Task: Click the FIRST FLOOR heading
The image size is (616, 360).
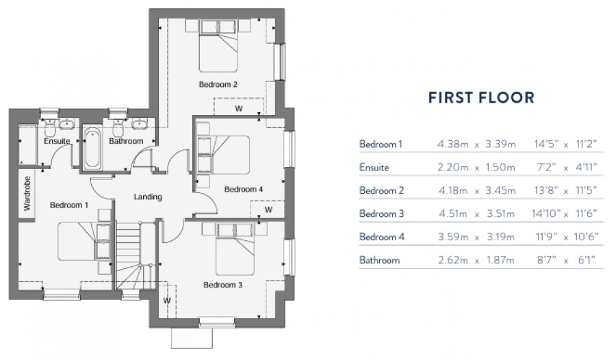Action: coord(481,97)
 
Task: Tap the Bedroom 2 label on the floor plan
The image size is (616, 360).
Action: coord(218,85)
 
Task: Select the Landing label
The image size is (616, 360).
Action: coord(147,197)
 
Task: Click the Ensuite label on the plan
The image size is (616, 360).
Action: coord(56,142)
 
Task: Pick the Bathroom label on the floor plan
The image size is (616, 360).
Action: coord(126,142)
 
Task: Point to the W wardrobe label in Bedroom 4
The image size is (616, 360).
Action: coord(268,209)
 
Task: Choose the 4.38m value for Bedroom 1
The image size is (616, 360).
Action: coord(452,144)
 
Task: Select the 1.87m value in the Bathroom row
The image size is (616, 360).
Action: coord(501,261)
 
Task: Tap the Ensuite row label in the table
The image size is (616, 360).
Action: coord(374,168)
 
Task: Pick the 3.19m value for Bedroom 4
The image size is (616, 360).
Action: coord(501,237)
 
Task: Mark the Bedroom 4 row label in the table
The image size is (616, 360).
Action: coord(381,237)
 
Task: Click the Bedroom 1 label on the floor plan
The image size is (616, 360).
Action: coord(68,205)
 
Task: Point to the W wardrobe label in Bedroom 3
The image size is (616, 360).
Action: coord(166,300)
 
